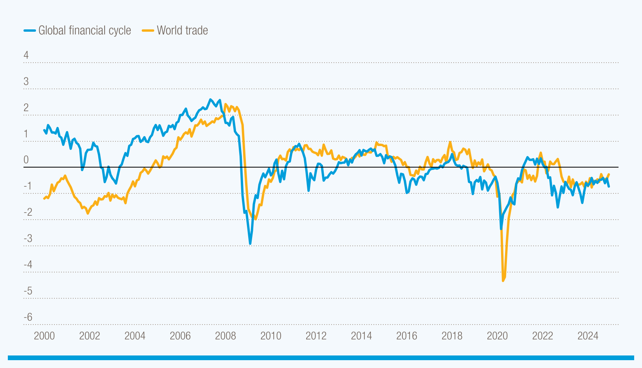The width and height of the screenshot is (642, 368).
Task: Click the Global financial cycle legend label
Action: [85, 31]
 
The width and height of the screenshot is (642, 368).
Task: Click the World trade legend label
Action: [182, 31]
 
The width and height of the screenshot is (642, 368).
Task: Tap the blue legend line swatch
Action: [30, 31]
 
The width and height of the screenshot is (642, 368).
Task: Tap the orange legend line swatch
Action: [148, 31]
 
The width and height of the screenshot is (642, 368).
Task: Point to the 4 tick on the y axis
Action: [26, 55]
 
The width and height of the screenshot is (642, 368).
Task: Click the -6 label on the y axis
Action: [28, 317]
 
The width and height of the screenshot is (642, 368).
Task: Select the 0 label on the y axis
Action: [26, 160]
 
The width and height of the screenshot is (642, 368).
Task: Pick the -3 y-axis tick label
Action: [28, 238]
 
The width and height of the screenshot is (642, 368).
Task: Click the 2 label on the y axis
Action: [26, 108]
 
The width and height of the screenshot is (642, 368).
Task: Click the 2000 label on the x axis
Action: [44, 336]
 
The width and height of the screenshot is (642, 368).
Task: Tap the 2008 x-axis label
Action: [225, 336]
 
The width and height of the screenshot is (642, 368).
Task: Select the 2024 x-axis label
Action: [588, 336]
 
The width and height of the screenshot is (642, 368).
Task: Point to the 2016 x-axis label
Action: [407, 336]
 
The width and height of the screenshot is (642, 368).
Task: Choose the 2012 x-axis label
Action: [316, 336]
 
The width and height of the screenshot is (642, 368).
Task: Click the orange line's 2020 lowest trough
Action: [503, 281]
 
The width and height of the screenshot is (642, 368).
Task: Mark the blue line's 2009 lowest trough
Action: [250, 244]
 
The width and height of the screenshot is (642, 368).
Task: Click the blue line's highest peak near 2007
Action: [210, 99]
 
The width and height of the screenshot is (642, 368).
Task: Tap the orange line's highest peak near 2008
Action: [225, 104]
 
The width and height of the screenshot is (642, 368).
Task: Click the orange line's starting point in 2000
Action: [44, 199]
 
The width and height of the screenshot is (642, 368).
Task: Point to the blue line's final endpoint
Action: [609, 186]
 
